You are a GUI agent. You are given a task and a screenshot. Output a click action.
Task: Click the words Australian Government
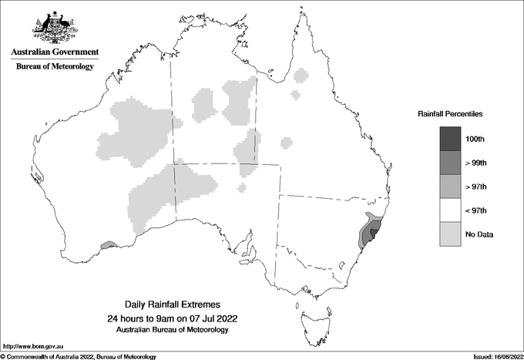(55, 52)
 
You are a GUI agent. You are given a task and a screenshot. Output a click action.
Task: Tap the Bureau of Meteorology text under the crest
(55, 67)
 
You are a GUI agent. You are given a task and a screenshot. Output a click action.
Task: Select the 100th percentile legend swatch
(451, 139)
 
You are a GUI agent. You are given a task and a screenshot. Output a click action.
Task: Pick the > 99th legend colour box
(451, 163)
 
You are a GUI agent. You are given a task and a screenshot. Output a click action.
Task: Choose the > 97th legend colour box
(451, 187)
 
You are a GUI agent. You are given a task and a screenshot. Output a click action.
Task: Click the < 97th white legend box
(451, 210)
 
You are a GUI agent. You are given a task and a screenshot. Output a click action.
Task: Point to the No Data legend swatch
(451, 234)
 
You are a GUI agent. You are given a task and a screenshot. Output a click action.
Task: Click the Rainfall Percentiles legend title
(450, 113)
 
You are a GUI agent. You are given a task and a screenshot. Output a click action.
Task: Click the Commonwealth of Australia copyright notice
(79, 356)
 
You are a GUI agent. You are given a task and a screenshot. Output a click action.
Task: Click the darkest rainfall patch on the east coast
(375, 231)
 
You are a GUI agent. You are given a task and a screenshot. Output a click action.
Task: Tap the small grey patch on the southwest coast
(109, 245)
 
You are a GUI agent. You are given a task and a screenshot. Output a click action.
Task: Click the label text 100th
(475, 139)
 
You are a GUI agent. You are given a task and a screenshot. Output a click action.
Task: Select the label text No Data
(478, 234)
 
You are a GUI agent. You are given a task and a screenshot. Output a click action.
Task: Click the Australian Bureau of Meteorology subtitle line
(172, 330)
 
